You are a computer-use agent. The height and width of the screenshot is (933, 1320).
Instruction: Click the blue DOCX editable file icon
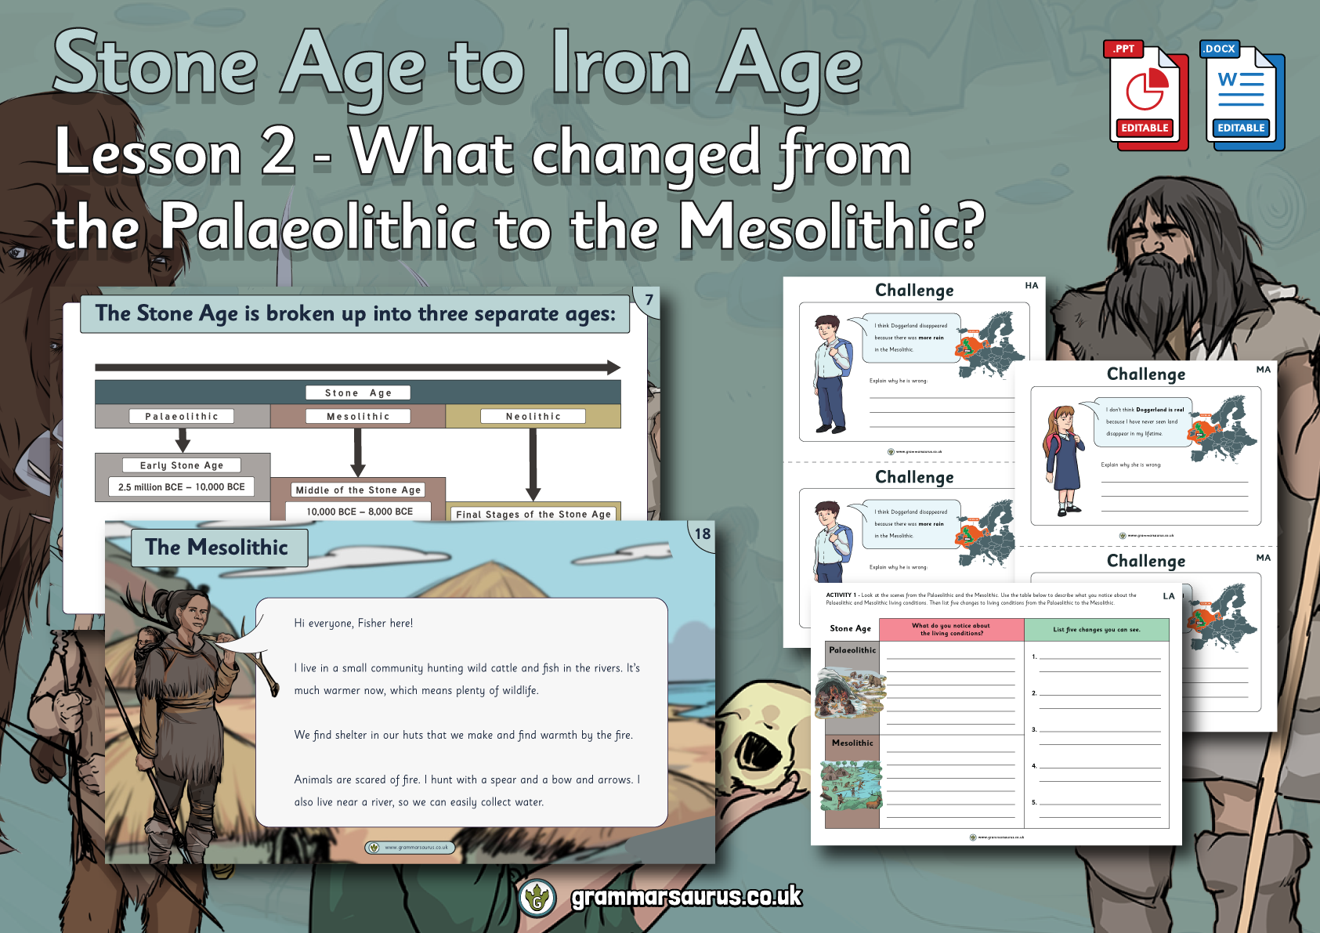pyautogui.click(x=1242, y=96)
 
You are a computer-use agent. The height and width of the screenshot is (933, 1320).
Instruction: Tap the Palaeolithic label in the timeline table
pyautogui.click(x=182, y=416)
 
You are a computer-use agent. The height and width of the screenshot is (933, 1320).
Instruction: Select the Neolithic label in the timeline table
pyautogui.click(x=533, y=416)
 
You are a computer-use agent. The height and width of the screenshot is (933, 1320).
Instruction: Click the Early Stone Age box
pyautogui.click(x=182, y=465)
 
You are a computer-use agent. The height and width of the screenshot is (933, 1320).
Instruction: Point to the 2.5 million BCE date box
pyautogui.click(x=182, y=487)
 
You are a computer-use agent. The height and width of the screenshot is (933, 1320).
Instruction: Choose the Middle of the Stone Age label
pyautogui.click(x=358, y=490)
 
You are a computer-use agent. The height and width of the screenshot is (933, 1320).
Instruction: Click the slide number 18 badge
pyautogui.click(x=702, y=534)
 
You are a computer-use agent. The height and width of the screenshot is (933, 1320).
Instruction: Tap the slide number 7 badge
pyautogui.click(x=649, y=299)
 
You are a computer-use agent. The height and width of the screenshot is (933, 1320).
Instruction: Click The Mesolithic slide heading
pyautogui.click(x=217, y=548)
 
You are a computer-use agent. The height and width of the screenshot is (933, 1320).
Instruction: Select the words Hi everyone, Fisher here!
pyautogui.click(x=353, y=624)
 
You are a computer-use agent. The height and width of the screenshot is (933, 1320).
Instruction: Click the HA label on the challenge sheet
pyautogui.click(x=1032, y=286)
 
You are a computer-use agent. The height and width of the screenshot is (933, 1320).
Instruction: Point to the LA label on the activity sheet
pyautogui.click(x=1168, y=596)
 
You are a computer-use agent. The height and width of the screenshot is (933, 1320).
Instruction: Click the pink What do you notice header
pyautogui.click(x=951, y=629)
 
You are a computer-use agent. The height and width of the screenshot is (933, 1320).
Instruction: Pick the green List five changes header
pyautogui.click(x=1096, y=629)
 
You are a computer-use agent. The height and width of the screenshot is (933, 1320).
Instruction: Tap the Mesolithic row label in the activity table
pyautogui.click(x=852, y=743)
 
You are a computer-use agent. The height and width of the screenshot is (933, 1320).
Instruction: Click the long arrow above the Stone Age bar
pyautogui.click(x=357, y=367)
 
